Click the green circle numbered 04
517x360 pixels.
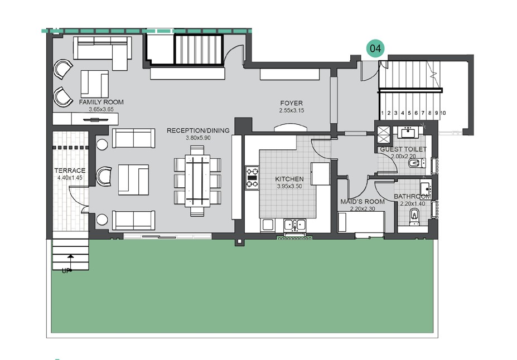(375, 49)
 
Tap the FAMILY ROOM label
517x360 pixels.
(101, 103)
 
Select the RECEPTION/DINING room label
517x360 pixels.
(198, 131)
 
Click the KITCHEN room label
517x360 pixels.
(289, 179)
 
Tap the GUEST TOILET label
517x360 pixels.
(403, 150)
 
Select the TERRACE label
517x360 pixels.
(70, 171)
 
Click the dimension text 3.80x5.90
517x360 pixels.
(198, 138)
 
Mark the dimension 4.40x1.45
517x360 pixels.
(70, 178)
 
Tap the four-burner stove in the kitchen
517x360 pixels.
(252, 177)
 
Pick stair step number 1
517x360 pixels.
(383, 113)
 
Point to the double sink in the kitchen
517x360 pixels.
(294, 225)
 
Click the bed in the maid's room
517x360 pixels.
(361, 222)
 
